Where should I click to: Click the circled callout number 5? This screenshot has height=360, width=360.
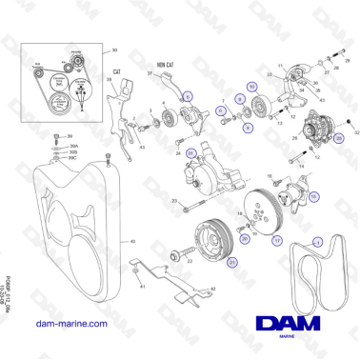[x=188, y=96]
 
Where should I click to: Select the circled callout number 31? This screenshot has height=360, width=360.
[x=191, y=154]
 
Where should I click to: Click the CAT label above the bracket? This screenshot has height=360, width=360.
[x=117, y=71]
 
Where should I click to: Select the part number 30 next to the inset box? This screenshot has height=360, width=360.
[x=115, y=49]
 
